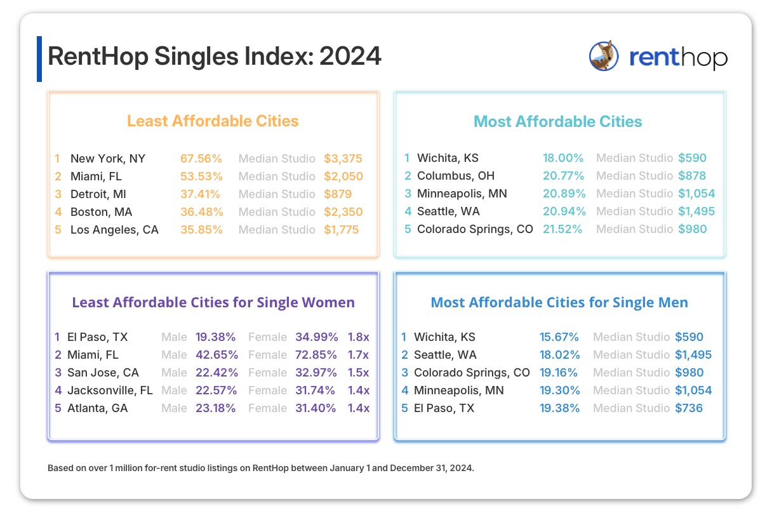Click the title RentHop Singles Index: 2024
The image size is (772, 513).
[215, 57]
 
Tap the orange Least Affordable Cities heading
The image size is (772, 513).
[213, 121]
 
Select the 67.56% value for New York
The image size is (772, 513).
[201, 159]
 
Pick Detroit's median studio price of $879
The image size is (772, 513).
[338, 194]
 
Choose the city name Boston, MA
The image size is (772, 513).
[102, 212]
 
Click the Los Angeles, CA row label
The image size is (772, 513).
[114, 230]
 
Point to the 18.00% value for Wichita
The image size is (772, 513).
[562, 158]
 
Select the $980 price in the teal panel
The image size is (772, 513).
[692, 229]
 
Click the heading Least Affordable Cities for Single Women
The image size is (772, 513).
[213, 302]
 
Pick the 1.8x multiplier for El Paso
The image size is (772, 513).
[359, 337]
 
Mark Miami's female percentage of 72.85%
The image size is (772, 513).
[316, 355]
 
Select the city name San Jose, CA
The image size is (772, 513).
[103, 373]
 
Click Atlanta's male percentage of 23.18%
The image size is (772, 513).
[216, 408]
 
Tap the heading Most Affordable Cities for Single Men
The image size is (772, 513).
[559, 302]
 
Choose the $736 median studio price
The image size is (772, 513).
[689, 408]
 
